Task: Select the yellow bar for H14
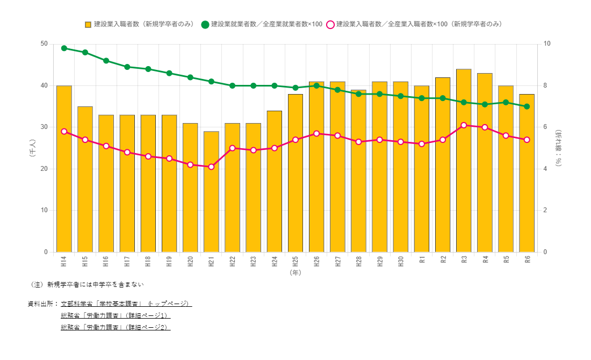pos(64,169)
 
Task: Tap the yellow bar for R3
pos(464,161)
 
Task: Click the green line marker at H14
pos(64,48)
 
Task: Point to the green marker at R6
pos(527,106)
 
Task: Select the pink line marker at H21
pos(211,167)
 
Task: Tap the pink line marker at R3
pos(464,125)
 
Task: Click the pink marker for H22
pos(232,148)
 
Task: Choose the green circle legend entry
pos(205,24)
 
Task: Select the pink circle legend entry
pos(330,24)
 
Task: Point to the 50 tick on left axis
pos(44,44)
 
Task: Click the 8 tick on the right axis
pos(545,85)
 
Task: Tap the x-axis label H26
pos(316,262)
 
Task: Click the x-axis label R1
pos(422,261)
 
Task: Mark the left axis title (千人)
pos(32,148)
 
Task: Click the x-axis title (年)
pos(295,273)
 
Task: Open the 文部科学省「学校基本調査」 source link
pos(126,304)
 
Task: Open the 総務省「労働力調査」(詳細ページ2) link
pos(116,327)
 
